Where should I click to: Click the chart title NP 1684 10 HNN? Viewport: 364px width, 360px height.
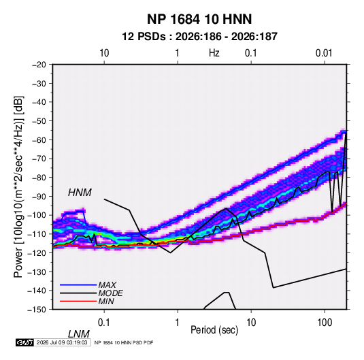[x=199, y=19]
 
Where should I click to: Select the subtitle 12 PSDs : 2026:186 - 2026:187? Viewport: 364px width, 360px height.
[x=199, y=37]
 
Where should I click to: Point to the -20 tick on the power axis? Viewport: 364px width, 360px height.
[x=39, y=65]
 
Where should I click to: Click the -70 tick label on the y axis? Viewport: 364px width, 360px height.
[x=39, y=159]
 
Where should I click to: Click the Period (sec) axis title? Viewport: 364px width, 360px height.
[x=214, y=330]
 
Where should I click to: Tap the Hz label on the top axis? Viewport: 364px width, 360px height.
[x=214, y=53]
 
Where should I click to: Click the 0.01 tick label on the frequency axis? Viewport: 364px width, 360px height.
[x=324, y=53]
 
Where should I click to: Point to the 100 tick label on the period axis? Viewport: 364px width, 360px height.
[x=325, y=323]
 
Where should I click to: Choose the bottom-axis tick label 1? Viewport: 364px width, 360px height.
[x=178, y=323]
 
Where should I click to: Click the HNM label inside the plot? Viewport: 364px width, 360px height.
[x=80, y=193]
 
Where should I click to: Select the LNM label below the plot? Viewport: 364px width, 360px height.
[x=79, y=334]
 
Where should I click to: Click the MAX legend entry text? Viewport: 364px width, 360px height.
[x=107, y=285]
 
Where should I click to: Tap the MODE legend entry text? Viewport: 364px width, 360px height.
[x=110, y=293]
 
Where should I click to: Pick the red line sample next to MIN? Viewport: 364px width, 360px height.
[x=78, y=301]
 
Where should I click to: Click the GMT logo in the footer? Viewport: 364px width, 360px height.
[x=24, y=342]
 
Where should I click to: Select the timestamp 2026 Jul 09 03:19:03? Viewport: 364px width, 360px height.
[x=62, y=342]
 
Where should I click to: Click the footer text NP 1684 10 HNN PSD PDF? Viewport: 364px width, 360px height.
[x=124, y=342]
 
